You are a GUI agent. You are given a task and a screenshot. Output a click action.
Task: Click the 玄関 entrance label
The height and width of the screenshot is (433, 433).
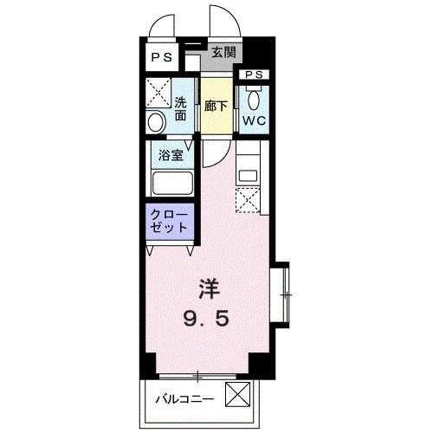(x=223, y=52)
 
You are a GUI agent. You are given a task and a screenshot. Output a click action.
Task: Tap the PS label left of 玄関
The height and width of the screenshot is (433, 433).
(x=163, y=58)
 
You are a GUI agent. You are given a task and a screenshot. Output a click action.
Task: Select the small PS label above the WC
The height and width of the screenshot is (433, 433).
(x=254, y=75)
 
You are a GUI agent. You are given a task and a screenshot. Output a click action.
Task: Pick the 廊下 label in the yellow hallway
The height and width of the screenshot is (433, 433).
(x=218, y=107)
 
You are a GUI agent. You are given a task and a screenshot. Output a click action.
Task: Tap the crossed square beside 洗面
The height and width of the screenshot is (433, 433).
(x=158, y=90)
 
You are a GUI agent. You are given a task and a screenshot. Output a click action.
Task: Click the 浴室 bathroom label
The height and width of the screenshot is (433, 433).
(x=169, y=156)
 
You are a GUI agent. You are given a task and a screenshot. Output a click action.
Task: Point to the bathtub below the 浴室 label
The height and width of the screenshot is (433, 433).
(x=171, y=184)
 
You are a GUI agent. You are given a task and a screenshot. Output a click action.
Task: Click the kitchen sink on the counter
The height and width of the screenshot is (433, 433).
(x=248, y=172)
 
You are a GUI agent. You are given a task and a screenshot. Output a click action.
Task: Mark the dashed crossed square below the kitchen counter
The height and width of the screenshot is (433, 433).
(x=248, y=201)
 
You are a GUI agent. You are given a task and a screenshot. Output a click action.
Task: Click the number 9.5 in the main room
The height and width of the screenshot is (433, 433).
(x=205, y=319)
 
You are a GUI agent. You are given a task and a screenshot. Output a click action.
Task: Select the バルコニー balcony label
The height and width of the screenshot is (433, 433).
(x=184, y=399)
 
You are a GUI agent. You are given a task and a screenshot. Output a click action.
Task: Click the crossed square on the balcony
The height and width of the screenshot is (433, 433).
(x=236, y=395)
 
